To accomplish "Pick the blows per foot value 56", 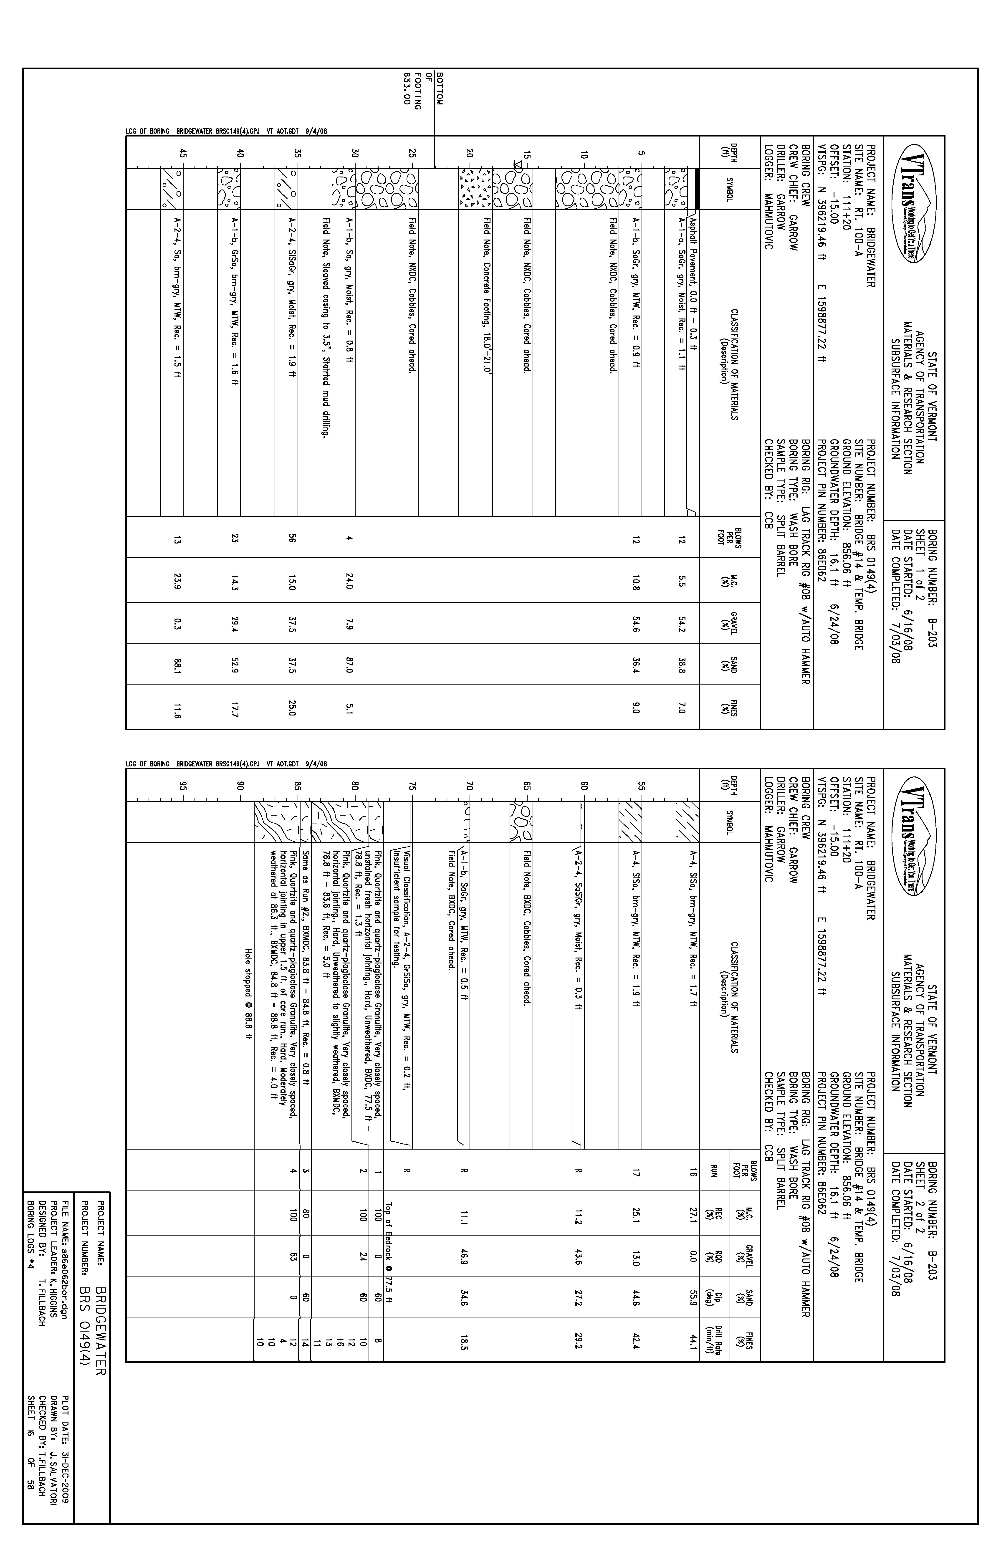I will (293, 538).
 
